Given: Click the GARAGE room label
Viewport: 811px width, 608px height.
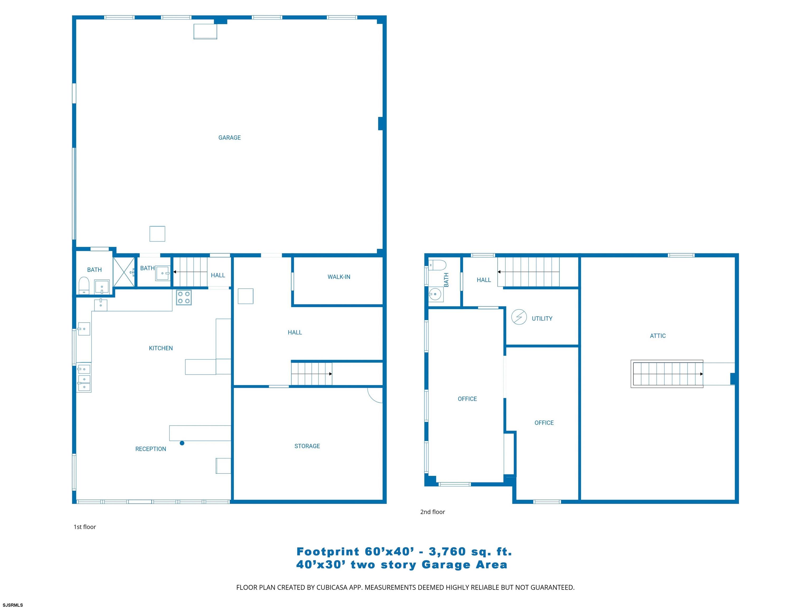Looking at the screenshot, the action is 229,138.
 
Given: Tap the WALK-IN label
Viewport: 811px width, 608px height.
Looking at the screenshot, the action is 339,277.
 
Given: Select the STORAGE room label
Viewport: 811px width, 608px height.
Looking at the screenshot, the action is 307,446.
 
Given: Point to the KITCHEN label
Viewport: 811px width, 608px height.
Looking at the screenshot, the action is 161,348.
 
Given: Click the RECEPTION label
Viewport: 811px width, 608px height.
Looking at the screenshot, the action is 151,449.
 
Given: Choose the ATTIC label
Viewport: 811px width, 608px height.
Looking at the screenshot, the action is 658,336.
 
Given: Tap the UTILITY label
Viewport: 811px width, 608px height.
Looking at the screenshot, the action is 542,319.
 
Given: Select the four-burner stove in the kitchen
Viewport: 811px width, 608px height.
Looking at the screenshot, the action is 184,297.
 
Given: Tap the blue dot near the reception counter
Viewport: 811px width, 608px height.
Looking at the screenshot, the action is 182,443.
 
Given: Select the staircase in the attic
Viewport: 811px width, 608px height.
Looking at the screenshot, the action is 667,374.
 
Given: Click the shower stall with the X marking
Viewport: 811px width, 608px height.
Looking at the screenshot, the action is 124,272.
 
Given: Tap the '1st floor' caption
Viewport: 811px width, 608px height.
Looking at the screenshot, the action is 85,527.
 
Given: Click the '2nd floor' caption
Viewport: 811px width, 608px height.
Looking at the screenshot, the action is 433,512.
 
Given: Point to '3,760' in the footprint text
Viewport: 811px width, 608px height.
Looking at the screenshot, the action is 447,552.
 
